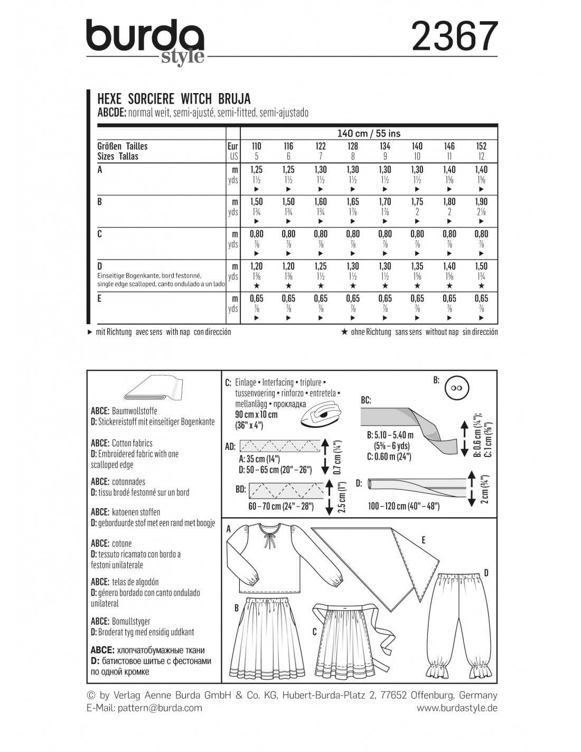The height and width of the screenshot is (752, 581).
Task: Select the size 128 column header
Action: point(352,146)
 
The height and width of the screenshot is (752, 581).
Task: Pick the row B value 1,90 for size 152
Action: point(481,201)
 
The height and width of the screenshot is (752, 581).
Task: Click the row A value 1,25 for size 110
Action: point(256,169)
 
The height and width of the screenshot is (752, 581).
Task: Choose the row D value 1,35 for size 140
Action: point(417,266)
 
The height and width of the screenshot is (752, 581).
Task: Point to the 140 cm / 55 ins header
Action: point(368,133)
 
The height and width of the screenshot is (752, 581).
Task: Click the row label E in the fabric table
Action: point(100,298)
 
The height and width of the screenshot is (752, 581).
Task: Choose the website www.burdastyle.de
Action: point(457,708)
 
